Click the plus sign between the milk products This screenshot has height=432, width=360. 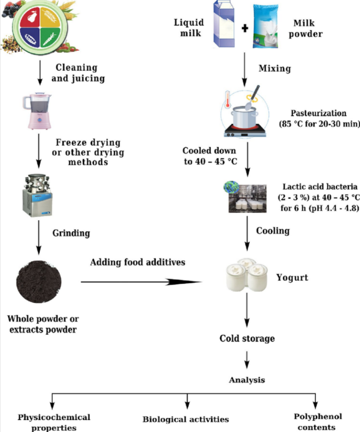click(245, 30)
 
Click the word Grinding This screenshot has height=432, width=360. click(71, 233)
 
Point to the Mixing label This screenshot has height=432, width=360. click(275, 68)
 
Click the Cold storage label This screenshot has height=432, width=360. click(247, 338)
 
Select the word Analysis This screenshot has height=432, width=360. click(246, 380)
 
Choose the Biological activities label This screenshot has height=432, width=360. click(186, 419)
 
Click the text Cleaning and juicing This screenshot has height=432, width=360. click(78, 73)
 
